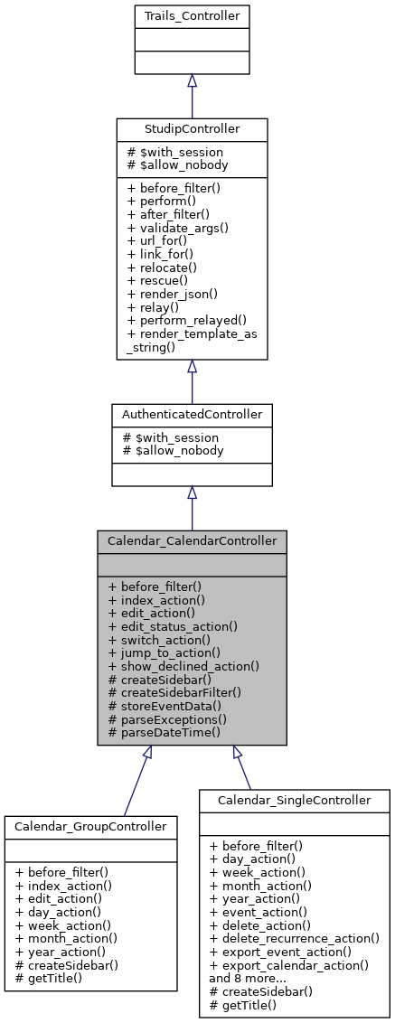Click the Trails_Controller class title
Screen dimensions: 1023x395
192,16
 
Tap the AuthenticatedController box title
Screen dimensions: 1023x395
192,414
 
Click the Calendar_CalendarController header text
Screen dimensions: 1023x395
192,540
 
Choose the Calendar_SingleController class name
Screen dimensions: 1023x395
295,800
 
